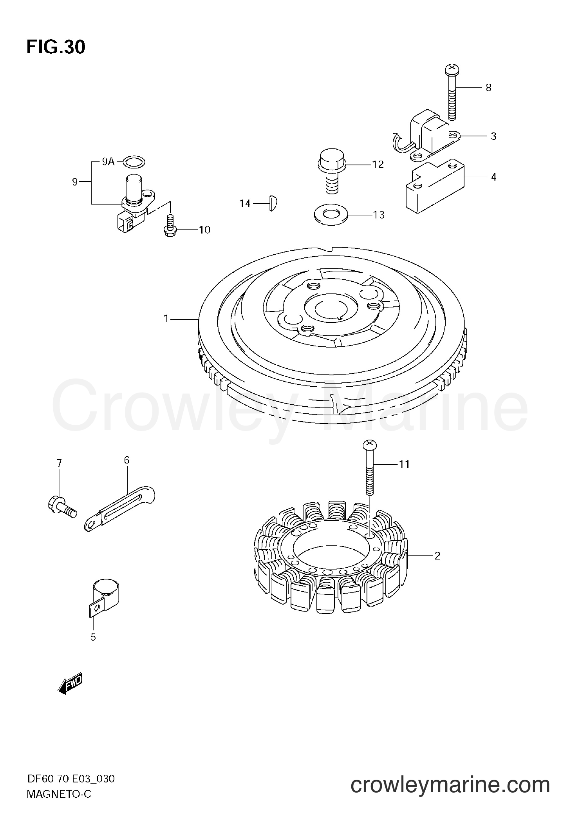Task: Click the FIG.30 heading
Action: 56,47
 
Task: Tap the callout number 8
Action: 488,88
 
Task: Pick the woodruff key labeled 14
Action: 273,204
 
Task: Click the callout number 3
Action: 493,136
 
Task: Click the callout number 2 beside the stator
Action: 437,556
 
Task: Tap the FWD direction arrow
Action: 70,684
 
